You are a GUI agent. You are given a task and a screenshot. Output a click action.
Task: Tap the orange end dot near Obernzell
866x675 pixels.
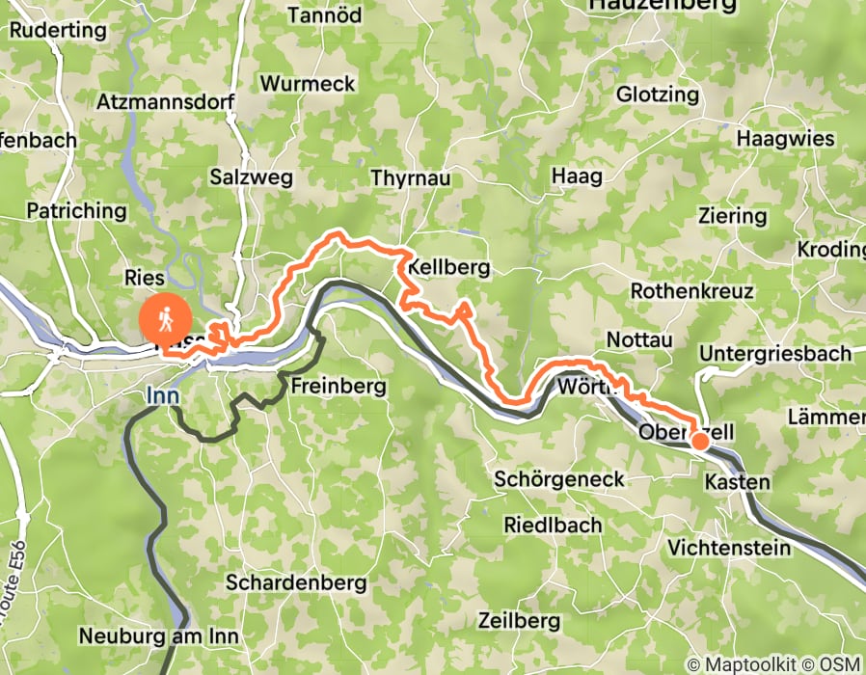(700, 442)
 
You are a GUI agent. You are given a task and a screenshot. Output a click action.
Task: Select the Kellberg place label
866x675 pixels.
(449, 267)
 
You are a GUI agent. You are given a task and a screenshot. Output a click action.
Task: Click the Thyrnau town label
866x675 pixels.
(411, 178)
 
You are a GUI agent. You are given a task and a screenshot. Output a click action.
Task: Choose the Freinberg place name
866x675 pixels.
(338, 387)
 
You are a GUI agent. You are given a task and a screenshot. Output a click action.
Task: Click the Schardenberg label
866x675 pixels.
(296, 582)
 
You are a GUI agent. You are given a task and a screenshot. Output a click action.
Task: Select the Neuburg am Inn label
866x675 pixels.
(158, 636)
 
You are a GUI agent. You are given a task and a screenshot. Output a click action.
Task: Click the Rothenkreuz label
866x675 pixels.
(690, 290)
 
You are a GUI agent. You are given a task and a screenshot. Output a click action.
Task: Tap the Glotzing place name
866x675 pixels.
(657, 94)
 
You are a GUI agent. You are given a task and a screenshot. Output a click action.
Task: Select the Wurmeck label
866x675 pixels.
(308, 84)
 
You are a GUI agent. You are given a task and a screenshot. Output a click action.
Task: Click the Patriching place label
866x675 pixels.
(75, 210)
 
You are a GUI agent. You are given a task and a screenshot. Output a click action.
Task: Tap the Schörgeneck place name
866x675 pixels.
(559, 479)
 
